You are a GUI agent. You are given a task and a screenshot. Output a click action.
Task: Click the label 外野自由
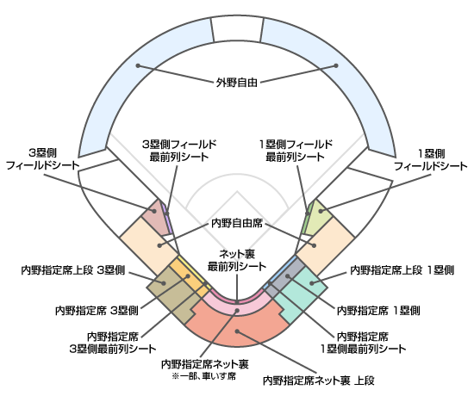237,83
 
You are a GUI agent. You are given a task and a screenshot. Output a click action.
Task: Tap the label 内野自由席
237,224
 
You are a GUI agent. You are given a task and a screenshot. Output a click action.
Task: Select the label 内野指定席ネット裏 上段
319,381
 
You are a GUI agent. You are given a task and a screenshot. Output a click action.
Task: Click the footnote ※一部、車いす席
204,376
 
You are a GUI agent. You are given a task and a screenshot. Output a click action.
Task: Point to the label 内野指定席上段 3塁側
73,270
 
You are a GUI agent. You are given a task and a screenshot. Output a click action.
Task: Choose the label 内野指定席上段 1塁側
402,270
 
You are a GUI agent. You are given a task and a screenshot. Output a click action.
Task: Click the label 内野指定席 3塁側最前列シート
113,343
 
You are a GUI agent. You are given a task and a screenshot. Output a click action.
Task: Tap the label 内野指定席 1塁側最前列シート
363,343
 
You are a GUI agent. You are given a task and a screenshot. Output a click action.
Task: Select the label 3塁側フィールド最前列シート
179,151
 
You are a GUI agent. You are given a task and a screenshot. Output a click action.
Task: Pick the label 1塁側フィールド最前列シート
296,151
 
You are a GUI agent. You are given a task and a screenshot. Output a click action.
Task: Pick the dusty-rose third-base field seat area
157,217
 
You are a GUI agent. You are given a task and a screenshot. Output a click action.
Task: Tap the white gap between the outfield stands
237,28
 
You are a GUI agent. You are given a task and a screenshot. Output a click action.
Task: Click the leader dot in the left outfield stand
138,65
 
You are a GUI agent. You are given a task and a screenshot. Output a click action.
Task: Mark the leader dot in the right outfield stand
336,65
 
